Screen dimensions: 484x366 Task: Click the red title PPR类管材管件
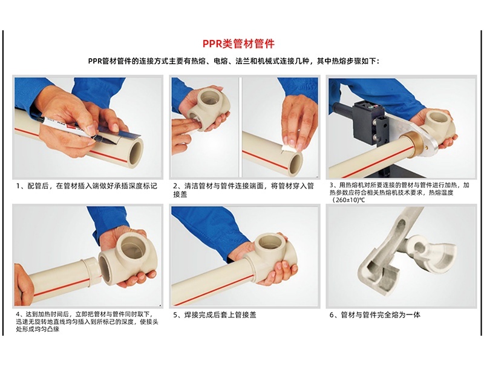tap(238, 44)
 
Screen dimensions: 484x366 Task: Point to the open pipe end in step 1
tap(136, 152)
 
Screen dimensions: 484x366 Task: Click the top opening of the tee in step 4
tap(133, 245)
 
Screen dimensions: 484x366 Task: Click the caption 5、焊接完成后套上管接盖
tap(215, 315)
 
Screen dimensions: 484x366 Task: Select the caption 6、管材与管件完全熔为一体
tap(375, 315)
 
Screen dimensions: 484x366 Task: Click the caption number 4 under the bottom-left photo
tap(19, 314)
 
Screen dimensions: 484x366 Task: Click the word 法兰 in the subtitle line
tap(243, 61)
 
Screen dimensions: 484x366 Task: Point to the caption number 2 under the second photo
tap(175, 186)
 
